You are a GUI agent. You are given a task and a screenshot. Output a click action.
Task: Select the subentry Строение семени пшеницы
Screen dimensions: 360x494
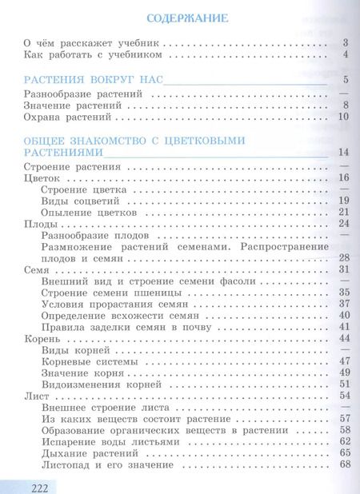[100, 293]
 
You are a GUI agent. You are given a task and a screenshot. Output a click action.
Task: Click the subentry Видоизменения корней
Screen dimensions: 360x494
[95, 384]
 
